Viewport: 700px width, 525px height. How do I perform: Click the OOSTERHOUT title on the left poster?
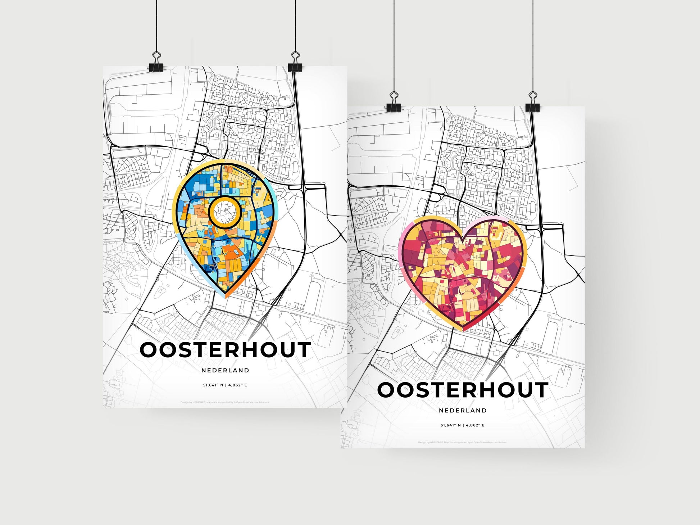[x=225, y=350]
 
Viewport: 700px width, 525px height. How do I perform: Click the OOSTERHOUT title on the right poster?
[x=463, y=390]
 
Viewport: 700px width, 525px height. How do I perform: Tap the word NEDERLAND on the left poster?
[x=225, y=370]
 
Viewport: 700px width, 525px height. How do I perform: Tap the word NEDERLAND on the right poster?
[x=463, y=410]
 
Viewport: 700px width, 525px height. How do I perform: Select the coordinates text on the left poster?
[x=225, y=385]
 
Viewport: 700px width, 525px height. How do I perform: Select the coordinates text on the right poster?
[x=463, y=425]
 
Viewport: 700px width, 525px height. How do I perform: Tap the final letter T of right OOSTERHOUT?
[x=541, y=390]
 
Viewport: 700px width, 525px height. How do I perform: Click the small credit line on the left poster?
[x=225, y=402]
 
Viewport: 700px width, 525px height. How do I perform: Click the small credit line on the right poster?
[x=463, y=442]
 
